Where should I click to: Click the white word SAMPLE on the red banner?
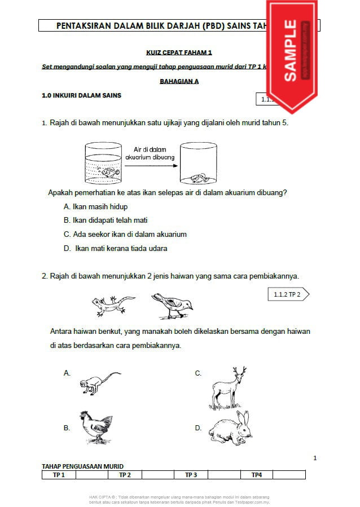290,50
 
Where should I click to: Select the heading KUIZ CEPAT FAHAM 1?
179,52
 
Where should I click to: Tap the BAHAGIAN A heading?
179,81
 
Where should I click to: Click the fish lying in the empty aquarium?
197,177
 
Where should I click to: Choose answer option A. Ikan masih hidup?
96,206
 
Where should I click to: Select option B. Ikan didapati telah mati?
106,220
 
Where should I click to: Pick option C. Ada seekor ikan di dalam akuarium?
125,234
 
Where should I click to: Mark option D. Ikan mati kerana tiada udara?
116,248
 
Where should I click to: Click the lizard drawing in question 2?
112,305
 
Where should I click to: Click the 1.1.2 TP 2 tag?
287,294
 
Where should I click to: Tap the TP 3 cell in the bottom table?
191,475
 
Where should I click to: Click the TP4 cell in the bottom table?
257,475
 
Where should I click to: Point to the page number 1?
315,458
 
